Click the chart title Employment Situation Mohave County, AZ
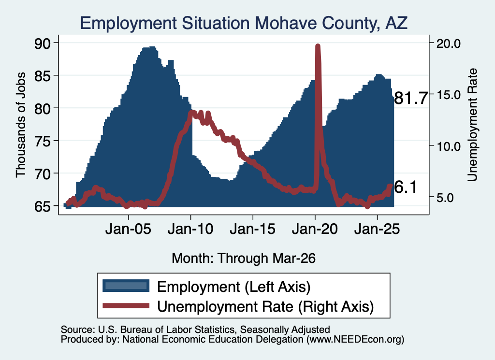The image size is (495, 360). click(x=244, y=23)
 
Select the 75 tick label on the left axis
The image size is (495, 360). click(x=43, y=141)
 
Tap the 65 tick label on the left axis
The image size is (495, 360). click(x=43, y=206)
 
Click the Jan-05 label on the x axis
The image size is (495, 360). click(x=129, y=229)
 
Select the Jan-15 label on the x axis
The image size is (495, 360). click(x=252, y=229)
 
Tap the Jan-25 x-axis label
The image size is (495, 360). click(x=377, y=229)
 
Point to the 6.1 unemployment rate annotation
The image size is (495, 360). click(x=406, y=187)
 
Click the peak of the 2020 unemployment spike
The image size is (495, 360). click(x=318, y=46)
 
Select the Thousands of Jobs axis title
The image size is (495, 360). click(x=20, y=125)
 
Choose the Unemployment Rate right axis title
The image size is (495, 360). click(x=472, y=125)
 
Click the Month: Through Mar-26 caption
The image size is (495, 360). click(x=244, y=258)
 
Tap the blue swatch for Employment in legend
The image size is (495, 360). click(x=126, y=286)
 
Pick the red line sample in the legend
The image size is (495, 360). click(x=126, y=305)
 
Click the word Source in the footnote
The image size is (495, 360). click(x=77, y=330)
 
